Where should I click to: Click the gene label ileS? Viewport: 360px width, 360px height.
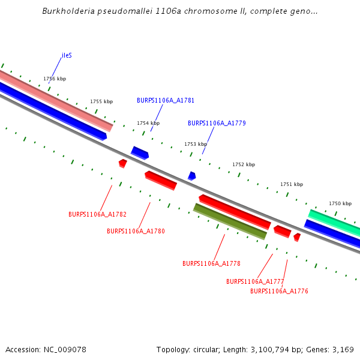(67, 56)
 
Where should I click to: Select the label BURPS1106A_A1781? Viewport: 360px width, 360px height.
(166, 101)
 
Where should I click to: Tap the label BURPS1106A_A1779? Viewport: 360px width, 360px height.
(217, 124)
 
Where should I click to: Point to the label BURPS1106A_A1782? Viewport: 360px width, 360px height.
(97, 214)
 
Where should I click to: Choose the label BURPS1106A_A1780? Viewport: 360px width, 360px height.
(136, 231)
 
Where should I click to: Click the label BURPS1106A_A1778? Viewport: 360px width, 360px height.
(211, 263)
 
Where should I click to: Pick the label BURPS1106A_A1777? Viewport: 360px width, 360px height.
(255, 281)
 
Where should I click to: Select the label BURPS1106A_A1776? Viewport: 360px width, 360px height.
(279, 292)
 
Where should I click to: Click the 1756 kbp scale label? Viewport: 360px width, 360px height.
(55, 79)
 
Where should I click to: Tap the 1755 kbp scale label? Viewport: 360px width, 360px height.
(101, 102)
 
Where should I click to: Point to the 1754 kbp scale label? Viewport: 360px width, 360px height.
(148, 123)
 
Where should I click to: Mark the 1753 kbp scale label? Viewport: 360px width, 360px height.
(196, 144)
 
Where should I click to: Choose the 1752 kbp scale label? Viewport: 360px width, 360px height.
(244, 164)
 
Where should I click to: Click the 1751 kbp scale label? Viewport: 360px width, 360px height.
(292, 185)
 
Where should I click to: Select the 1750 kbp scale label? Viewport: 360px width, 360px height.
(340, 204)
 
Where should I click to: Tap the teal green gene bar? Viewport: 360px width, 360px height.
(334, 222)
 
